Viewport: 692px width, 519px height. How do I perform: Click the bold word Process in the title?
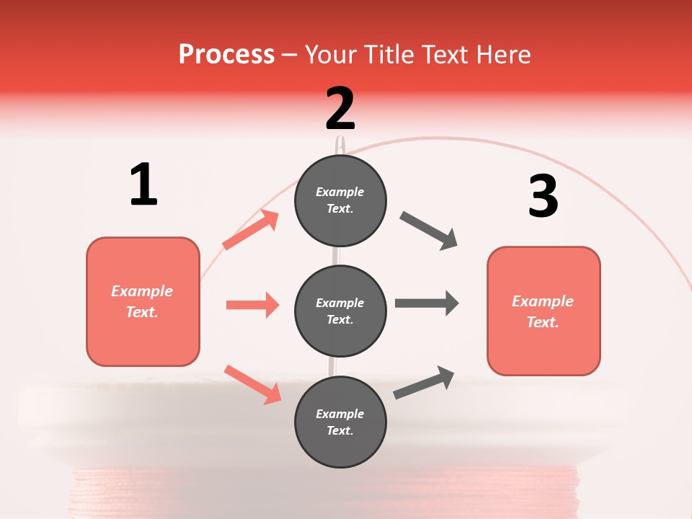coord(226,55)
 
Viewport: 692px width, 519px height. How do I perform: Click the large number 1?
coord(143,185)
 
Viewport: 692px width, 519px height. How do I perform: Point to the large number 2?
coord(340,109)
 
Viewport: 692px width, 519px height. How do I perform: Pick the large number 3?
coord(544,196)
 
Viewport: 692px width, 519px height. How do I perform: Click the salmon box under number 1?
coord(143,301)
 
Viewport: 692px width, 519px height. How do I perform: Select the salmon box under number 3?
coord(544,311)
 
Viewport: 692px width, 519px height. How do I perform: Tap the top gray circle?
coord(340,200)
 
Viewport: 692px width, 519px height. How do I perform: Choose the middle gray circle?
coord(340,311)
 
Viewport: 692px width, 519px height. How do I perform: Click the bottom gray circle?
coord(340,422)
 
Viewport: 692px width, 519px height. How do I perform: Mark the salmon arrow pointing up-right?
coord(250,230)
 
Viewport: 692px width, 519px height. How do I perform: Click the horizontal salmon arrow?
coord(252,305)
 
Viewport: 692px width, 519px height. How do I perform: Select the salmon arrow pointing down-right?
coord(252,384)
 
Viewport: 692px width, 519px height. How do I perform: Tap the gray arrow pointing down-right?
coord(429,231)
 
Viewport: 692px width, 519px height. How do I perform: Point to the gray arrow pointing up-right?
coord(424,382)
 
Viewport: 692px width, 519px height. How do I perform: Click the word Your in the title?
coord(329,55)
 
